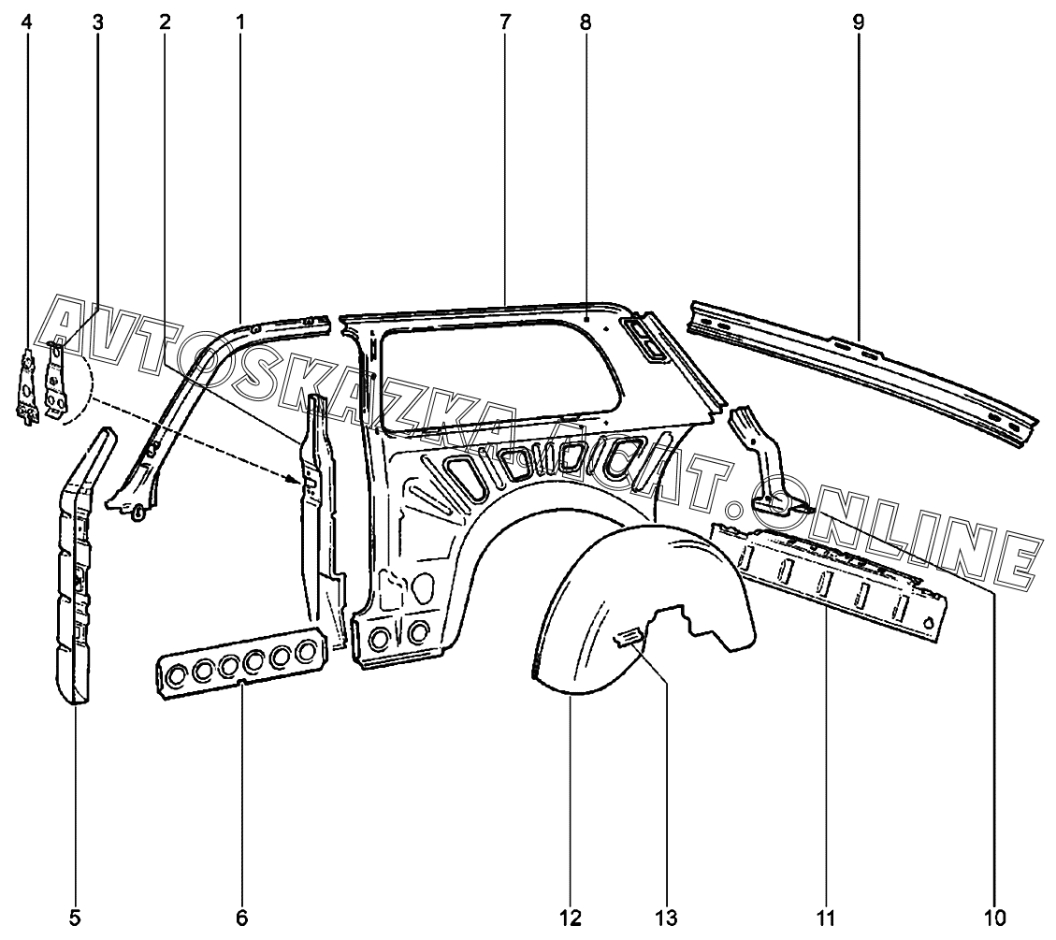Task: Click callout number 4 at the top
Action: click(x=26, y=22)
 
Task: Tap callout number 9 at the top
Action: click(x=858, y=22)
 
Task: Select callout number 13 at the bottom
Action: click(x=667, y=918)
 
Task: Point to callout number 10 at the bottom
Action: click(x=994, y=918)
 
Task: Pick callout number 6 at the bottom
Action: click(x=241, y=918)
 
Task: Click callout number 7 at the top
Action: click(x=505, y=22)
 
